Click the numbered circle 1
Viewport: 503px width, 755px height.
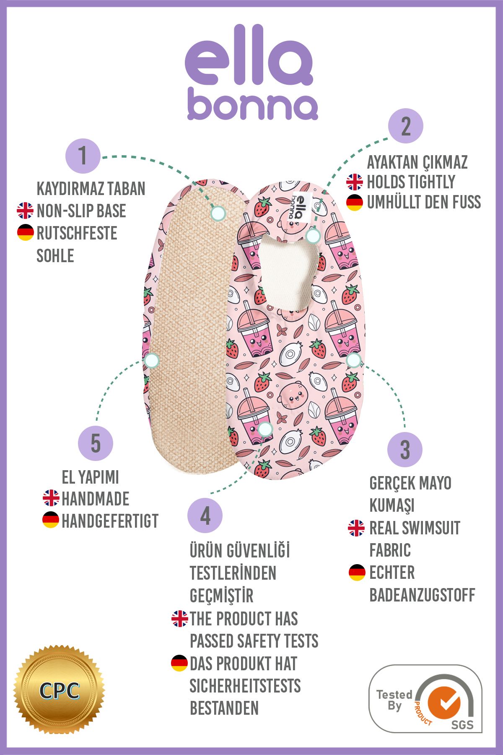click(x=83, y=156)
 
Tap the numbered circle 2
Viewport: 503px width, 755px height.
click(x=405, y=126)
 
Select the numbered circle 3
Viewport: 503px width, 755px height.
click(x=404, y=450)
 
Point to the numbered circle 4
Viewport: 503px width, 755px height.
click(x=205, y=515)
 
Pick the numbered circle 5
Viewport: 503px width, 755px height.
click(x=96, y=443)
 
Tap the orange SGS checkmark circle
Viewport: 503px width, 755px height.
click(x=444, y=703)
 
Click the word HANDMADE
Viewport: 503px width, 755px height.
click(x=96, y=499)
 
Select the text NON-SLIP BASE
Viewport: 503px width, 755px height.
click(x=81, y=211)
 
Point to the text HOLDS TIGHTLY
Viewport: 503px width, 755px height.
click(x=411, y=182)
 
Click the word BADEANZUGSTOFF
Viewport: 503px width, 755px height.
click(x=422, y=595)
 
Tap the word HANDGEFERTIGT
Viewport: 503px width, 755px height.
click(x=110, y=521)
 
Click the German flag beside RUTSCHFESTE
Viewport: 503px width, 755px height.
click(x=26, y=233)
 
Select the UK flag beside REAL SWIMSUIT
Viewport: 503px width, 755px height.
click(x=356, y=528)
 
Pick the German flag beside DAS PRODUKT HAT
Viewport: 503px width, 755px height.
click(x=179, y=663)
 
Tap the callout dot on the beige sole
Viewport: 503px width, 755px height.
click(x=218, y=213)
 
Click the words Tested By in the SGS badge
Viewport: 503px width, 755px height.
click(x=394, y=700)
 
